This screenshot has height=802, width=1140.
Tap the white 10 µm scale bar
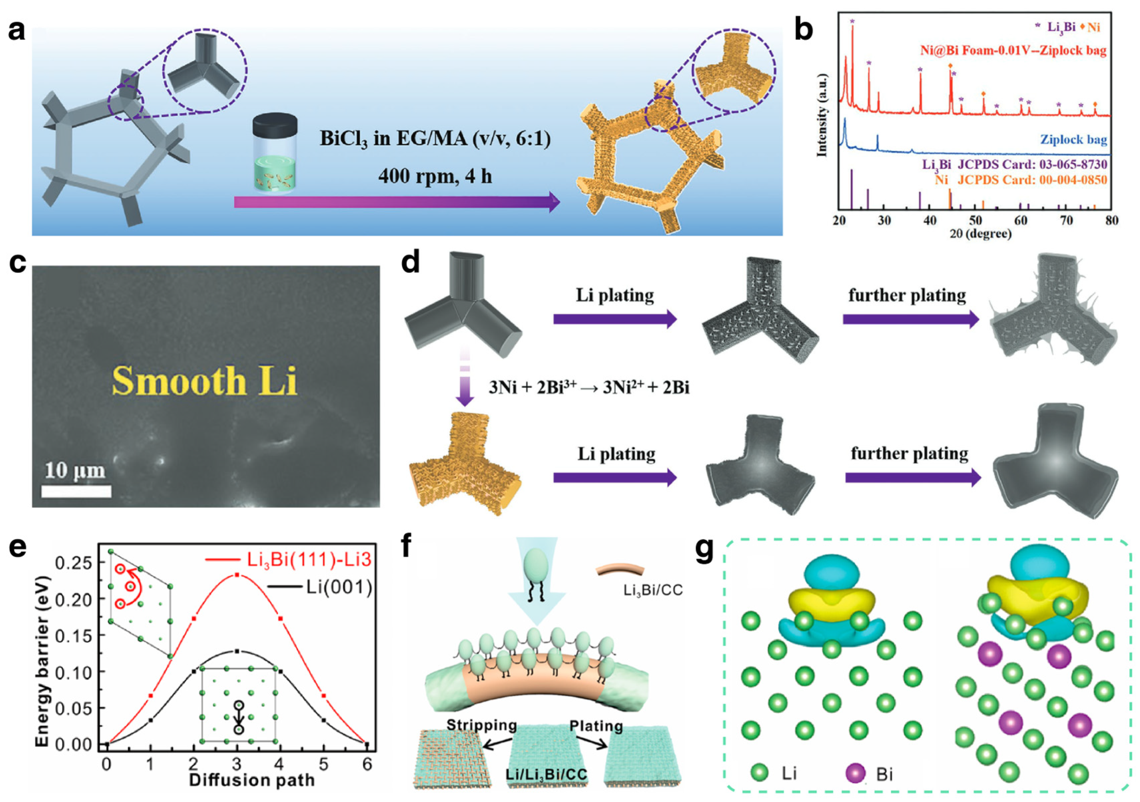coord(76,491)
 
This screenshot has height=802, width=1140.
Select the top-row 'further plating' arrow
coord(911,319)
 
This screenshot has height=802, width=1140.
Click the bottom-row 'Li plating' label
coord(616,454)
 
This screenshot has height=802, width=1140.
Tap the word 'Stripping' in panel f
coord(481,725)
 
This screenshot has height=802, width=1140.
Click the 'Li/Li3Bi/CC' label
coord(546,774)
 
